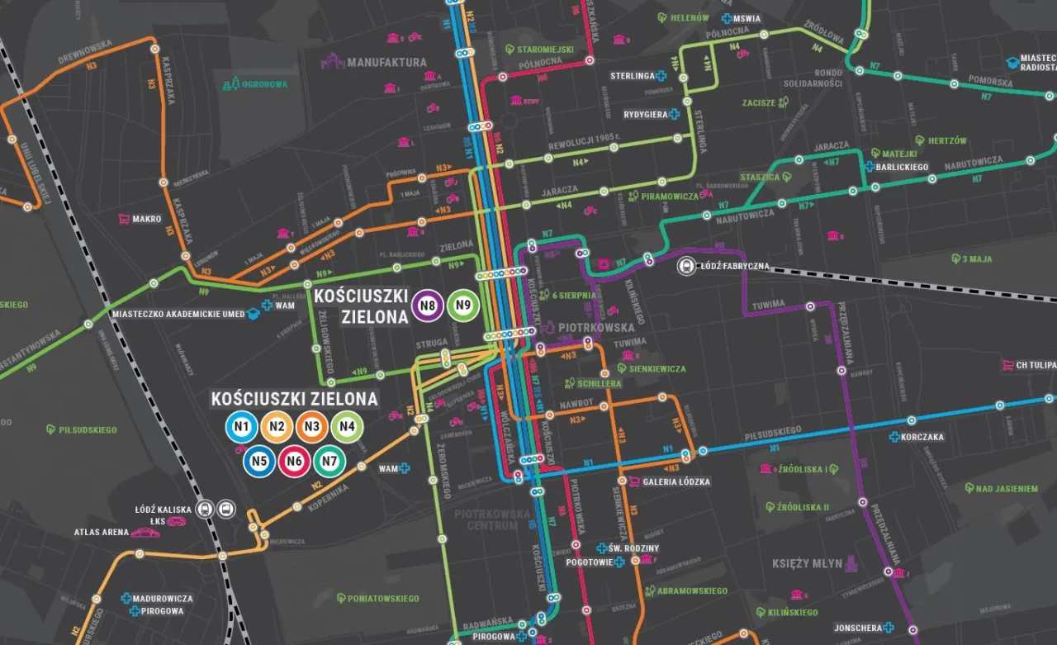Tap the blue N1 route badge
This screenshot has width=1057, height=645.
pos(241,426)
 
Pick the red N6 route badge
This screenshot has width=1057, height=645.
pos(294,462)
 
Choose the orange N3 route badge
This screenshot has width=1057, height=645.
pos(311,426)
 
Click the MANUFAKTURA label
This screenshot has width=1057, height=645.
pos(386,62)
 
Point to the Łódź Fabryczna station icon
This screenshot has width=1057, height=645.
pos(685,266)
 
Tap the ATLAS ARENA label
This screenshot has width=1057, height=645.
pos(102,533)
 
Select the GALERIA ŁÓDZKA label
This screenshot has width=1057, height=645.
pos(676,481)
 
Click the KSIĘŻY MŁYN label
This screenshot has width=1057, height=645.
pos(806,563)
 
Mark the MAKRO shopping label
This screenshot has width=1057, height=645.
pos(146,220)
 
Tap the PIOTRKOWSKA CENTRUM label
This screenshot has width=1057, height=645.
pos(492,519)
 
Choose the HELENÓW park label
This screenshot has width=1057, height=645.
pos(690,17)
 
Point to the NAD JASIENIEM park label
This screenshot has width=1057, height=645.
pos(1007,489)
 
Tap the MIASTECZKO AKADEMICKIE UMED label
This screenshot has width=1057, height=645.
pos(178,313)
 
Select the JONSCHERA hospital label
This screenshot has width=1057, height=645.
pos(858,627)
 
